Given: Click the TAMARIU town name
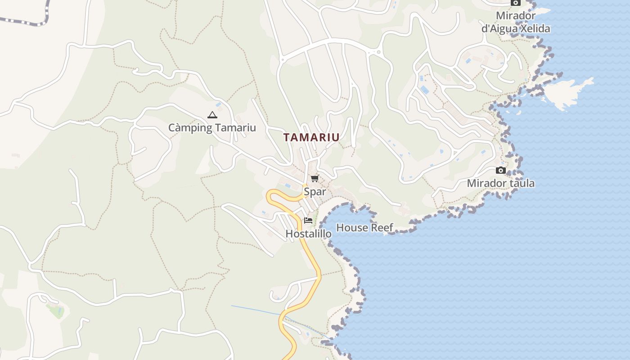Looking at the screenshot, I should point(311,138).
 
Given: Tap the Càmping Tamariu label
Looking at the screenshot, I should point(212,128).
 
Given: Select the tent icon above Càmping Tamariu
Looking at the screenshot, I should point(212,115).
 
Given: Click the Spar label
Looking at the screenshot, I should point(315,192).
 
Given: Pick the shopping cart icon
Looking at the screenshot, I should point(315,179).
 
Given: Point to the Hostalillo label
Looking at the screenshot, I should point(308,234).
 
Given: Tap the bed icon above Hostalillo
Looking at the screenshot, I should point(308,220).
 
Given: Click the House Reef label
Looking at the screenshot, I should point(364,228).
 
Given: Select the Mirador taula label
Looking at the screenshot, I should point(500,183).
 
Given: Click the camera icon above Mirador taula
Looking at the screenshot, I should point(500,170).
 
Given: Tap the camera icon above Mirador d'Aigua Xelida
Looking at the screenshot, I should point(516,3).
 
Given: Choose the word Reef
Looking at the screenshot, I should point(382,228).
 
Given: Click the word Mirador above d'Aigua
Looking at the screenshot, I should point(516,16).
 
